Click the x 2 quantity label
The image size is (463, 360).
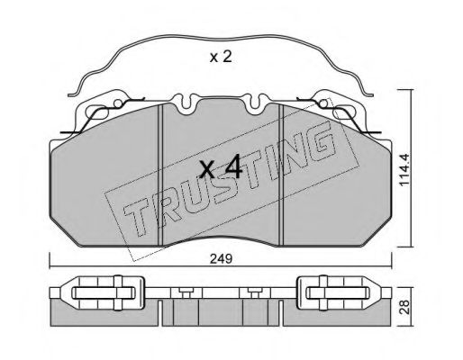[x=221, y=57]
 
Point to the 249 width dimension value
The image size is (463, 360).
[x=221, y=258]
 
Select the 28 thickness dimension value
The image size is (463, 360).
[x=405, y=307]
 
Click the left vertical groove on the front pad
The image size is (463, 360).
[x=160, y=175]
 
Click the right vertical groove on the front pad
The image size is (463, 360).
[x=281, y=175]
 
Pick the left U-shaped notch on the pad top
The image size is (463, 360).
[x=186, y=104]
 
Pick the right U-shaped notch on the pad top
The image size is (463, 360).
[x=255, y=104]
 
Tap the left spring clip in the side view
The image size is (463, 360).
[x=103, y=292]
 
